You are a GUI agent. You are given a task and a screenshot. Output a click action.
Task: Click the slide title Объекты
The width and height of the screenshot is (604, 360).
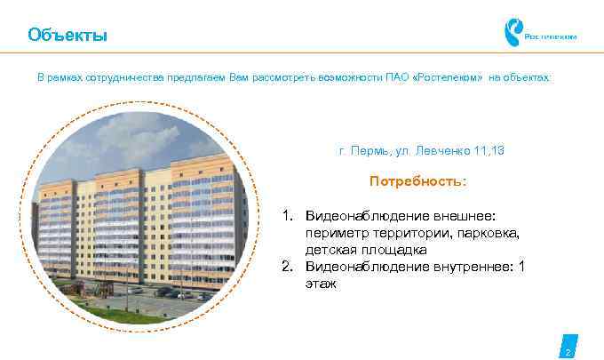pyautogui.click(x=68, y=36)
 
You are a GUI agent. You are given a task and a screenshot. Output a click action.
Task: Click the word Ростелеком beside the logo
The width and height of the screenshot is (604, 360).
pyautogui.click(x=552, y=37)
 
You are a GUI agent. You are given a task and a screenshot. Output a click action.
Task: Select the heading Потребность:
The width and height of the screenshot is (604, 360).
pyautogui.click(x=417, y=182)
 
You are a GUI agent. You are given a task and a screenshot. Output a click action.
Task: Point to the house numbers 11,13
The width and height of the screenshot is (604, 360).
pyautogui.click(x=488, y=151)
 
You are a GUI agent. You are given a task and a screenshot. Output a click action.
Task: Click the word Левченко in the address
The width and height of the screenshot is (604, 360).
pyautogui.click(x=442, y=151)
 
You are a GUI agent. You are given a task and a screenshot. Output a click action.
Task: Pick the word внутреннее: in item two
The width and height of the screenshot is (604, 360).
pyautogui.click(x=466, y=267)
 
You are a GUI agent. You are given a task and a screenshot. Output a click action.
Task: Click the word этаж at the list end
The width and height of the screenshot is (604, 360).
pyautogui.click(x=321, y=284)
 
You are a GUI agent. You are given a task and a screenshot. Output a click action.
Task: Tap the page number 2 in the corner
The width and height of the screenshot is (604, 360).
pyautogui.click(x=568, y=352)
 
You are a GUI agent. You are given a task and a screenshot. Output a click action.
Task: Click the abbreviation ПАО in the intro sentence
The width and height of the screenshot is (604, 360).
pyautogui.click(x=397, y=78)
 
